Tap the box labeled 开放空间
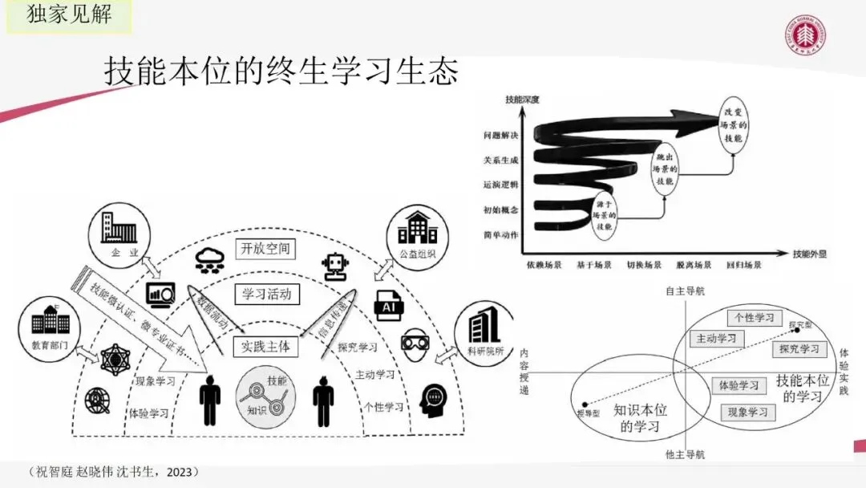(x=265, y=248)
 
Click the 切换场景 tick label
(x=644, y=264)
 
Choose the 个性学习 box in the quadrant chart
(x=754, y=317)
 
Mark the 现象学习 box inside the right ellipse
(x=747, y=413)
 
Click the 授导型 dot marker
(x=585, y=404)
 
